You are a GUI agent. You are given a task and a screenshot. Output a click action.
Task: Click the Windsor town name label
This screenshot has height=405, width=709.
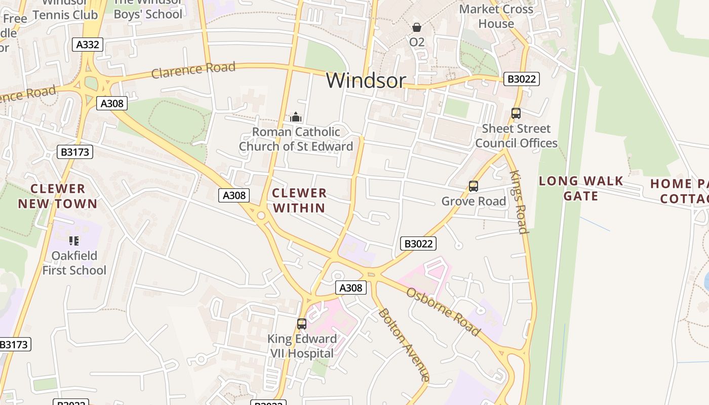pos(366,80)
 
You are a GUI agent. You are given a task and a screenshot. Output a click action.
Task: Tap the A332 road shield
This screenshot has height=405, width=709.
pos(87,45)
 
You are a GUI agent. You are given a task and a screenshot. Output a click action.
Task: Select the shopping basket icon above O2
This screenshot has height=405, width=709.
pos(417,27)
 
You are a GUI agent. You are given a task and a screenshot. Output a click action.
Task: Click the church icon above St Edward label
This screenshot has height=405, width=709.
pos(296,117)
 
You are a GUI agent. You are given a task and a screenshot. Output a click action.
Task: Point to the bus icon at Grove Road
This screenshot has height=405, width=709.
pos(474,186)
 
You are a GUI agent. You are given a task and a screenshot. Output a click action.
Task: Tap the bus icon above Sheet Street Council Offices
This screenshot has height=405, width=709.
pos(516,113)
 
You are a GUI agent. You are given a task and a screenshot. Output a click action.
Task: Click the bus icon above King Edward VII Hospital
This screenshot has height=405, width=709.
pos(302,324)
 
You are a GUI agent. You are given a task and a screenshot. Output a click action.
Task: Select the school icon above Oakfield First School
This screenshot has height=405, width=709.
pos(74,241)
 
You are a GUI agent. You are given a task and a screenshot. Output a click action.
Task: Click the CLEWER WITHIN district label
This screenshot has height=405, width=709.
pos(299,200)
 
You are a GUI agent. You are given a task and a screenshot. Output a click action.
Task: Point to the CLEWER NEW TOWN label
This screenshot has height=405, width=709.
pos(58,196)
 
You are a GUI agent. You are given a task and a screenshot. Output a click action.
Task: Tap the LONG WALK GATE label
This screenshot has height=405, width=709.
pos(581,188)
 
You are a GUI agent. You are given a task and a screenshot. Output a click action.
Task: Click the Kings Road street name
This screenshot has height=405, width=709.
pos(519,201)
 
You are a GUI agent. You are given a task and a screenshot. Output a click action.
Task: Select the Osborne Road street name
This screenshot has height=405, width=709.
pos(443,312)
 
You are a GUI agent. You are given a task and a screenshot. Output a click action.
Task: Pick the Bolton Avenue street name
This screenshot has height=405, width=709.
pos(404,344)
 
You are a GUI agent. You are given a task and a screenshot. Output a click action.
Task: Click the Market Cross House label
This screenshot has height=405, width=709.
pos(496,16)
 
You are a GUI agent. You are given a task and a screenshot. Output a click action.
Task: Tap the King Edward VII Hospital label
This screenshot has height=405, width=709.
pos(302,346)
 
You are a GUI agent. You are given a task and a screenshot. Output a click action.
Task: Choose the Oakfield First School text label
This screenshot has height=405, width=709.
pos(74,263)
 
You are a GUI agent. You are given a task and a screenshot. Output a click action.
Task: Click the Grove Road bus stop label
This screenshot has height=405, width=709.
pos(474,201)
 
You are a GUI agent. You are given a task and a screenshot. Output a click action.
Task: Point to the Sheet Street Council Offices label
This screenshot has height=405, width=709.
pos(516,136)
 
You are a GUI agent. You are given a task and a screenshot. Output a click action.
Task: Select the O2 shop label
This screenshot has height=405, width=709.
pos(417,42)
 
